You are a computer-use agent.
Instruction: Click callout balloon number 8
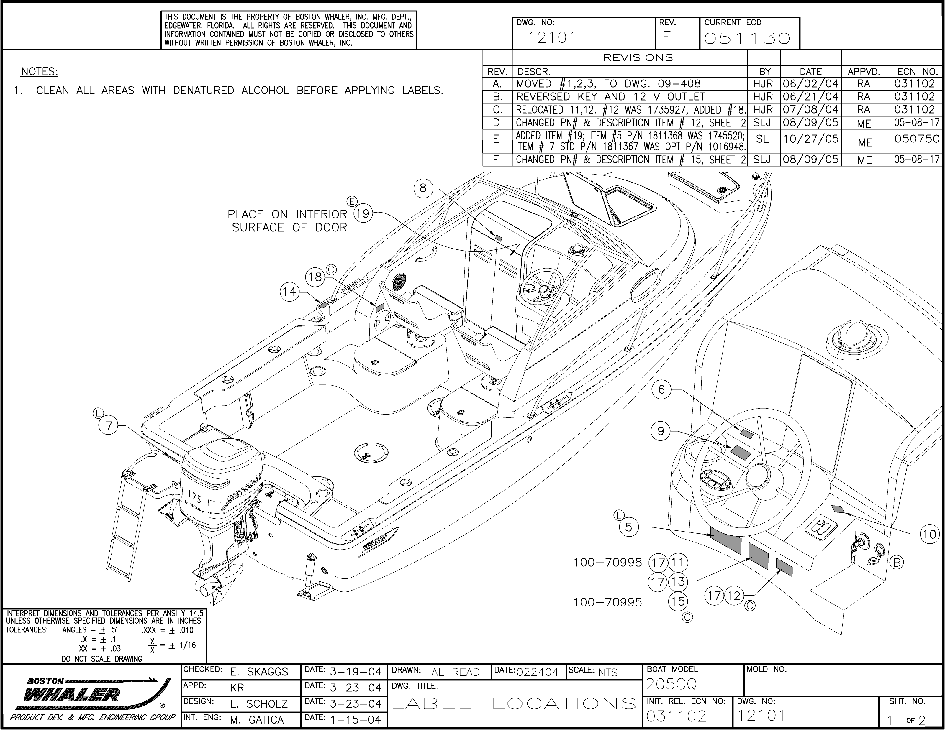[423, 188]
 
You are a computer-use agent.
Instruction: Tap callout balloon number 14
[289, 292]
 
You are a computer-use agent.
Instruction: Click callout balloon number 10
[928, 535]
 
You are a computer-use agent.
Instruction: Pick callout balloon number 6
[661, 390]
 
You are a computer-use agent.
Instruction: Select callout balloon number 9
[661, 431]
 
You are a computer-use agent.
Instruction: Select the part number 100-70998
[607, 562]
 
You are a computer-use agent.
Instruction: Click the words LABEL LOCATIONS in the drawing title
[514, 704]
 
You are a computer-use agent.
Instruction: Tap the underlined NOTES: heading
[39, 72]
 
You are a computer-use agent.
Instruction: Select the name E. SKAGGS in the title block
[259, 672]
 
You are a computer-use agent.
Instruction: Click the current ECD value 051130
[747, 39]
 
